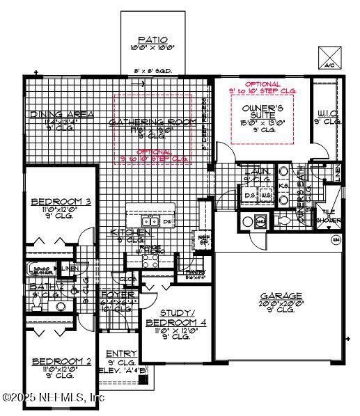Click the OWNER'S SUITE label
[262, 109]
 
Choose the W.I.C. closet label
[329, 113]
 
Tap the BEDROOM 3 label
[52, 202]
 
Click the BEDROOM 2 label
[52, 362]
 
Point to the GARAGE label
[281, 296]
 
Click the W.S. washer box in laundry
[265, 195]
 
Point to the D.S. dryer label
[249, 195]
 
